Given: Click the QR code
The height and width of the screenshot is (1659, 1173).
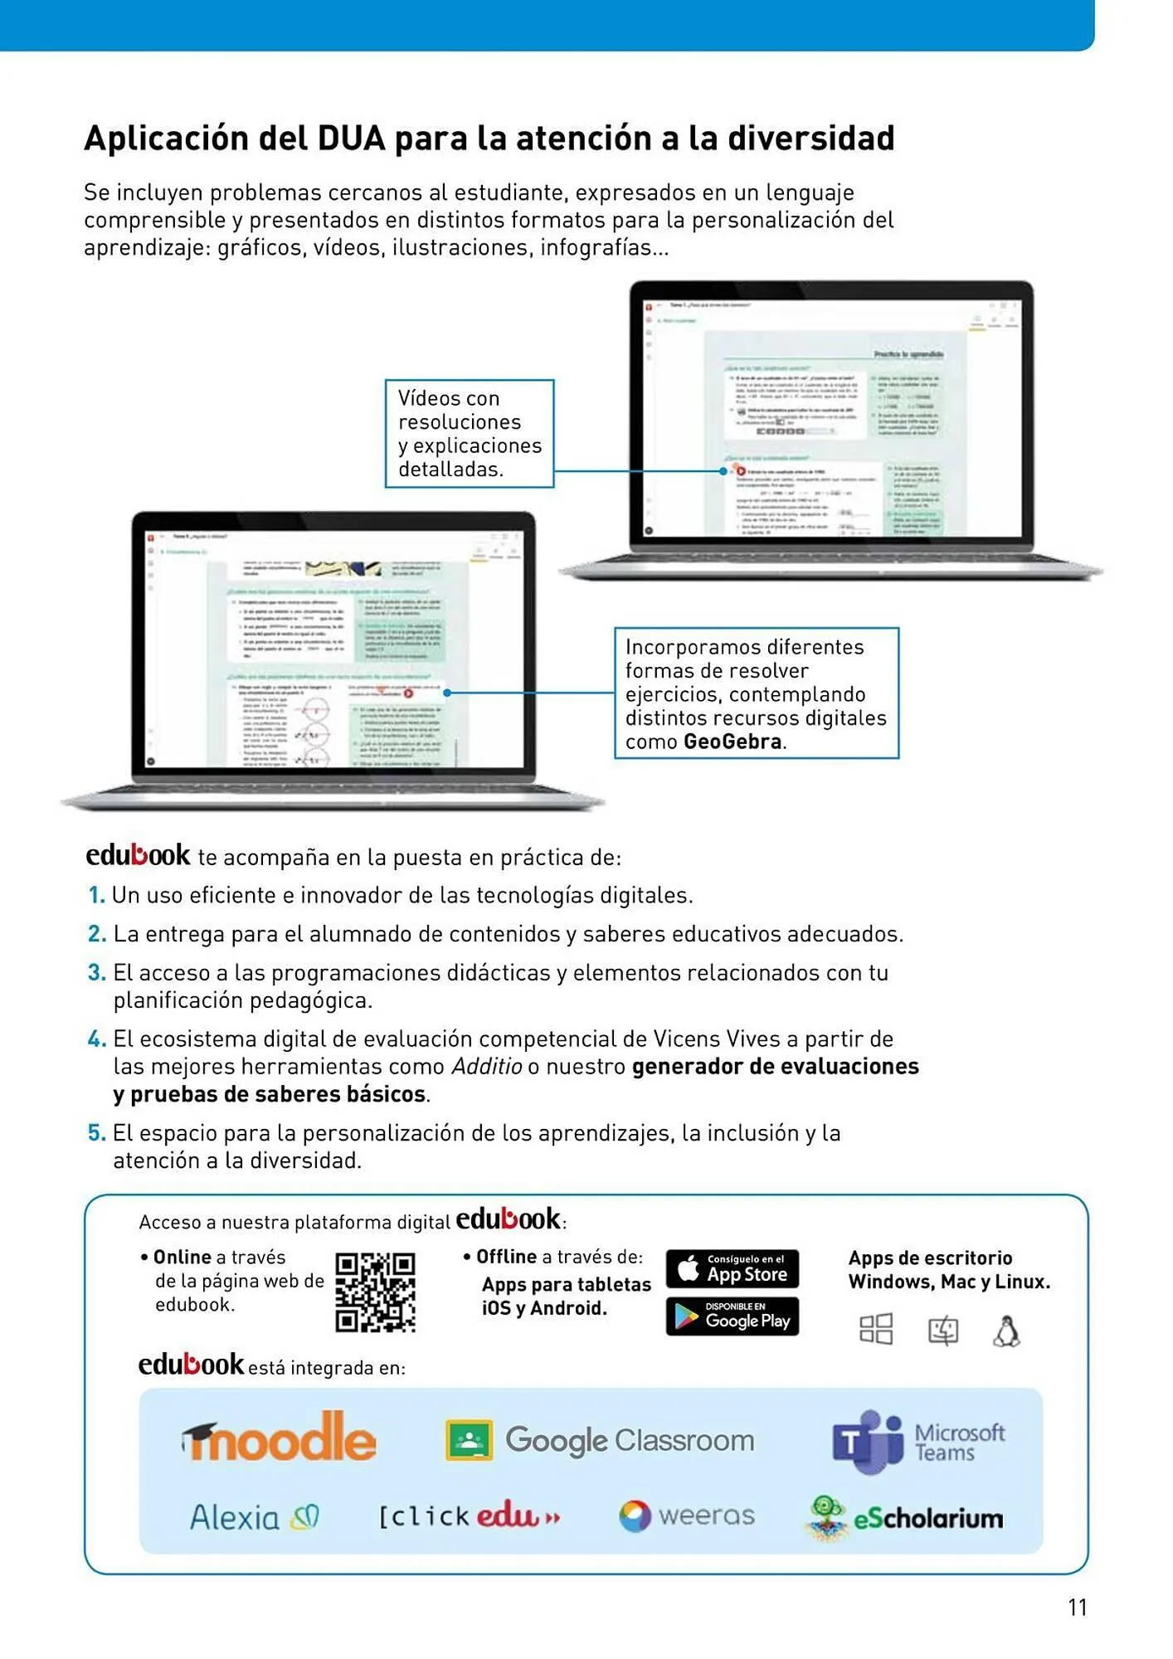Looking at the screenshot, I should (375, 1292).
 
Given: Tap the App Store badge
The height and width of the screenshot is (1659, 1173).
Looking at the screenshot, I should (733, 1268).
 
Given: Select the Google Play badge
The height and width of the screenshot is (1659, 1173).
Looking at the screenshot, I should (733, 1316).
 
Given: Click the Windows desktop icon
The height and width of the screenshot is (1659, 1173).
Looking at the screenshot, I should (876, 1329).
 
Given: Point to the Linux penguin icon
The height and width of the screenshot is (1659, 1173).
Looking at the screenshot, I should (1006, 1331).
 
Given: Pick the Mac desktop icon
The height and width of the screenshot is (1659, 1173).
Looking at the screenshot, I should (942, 1331).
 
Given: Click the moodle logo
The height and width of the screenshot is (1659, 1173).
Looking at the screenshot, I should (280, 1438).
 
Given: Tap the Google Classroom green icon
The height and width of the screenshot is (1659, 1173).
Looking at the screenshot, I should (470, 1439).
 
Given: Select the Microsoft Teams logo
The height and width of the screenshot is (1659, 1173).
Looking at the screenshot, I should (917, 1442).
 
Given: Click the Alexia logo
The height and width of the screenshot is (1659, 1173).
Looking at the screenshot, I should (254, 1517).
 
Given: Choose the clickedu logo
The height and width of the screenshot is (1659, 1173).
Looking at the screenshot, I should (470, 1516).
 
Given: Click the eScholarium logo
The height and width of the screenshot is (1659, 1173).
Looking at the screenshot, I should (904, 1517).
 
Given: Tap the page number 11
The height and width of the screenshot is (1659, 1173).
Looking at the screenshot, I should (1077, 1608).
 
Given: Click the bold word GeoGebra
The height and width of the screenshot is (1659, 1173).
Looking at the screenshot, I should (733, 742).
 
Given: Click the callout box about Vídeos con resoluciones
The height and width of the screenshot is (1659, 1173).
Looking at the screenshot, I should (470, 433).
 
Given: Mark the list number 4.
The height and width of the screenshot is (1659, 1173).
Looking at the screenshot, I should (96, 1039).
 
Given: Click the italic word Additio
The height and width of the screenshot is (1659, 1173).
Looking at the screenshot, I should (486, 1067).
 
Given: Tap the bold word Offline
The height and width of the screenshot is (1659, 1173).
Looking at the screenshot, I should (506, 1257).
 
